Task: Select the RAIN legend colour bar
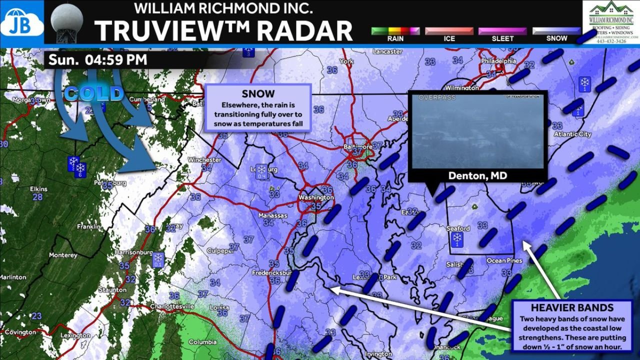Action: [395, 31]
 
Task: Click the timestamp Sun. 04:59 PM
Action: [98, 60]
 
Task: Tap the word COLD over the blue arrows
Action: [93, 93]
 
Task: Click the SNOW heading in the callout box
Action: [257, 94]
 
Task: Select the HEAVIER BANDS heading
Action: [572, 307]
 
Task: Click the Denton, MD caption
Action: [477, 175]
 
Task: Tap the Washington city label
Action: [316, 197]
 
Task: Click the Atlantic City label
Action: [572, 134]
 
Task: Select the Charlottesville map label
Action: [171, 306]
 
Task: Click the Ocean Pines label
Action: [504, 261]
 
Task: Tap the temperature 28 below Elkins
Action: [37, 197]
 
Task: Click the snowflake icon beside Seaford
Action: [456, 240]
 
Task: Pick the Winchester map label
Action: [204, 160]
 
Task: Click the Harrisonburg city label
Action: [133, 252]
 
